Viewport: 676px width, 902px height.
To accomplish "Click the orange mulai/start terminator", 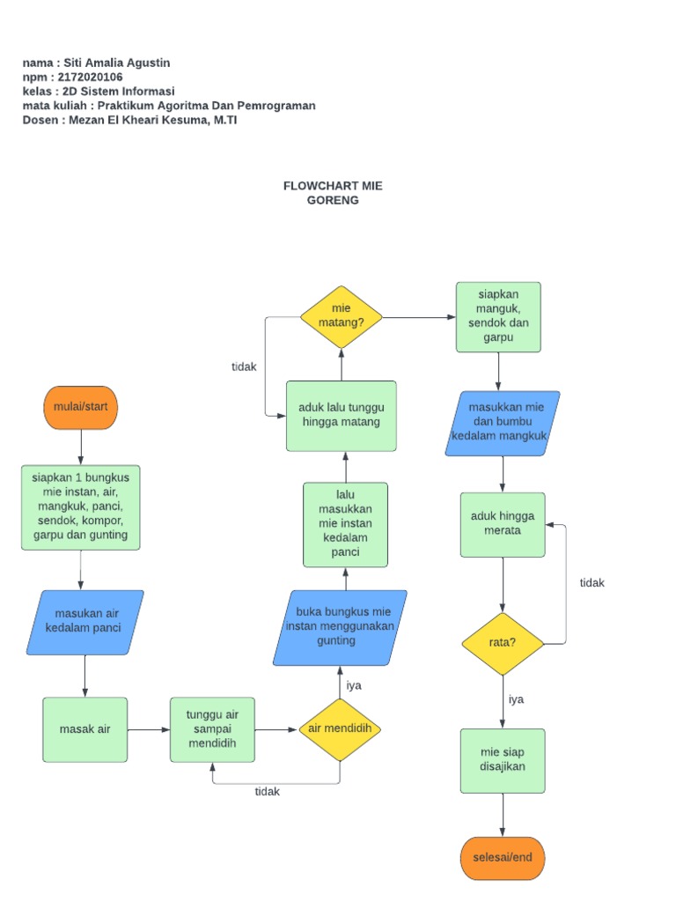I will pos(80,407).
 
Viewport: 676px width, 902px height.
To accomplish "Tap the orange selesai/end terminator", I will pos(503,858).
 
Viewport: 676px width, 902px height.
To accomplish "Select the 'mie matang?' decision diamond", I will pos(341,316).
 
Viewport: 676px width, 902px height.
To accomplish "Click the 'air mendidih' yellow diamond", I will pos(340,729).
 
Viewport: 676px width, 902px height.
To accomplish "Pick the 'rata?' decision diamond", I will pos(503,642).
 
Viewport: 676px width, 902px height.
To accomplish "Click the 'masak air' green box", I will pos(84,729).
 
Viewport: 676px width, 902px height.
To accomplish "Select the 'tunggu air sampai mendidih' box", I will pos(211,729).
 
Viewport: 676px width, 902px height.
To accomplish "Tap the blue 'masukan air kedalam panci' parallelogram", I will pos(84,622).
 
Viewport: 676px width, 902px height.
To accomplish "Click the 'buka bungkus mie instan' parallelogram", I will pos(340,627).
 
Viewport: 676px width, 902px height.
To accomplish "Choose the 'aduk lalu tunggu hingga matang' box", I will pos(341,415).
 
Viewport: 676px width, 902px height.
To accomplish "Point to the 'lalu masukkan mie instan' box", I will pos(345,524).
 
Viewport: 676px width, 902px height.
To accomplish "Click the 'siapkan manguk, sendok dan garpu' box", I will pos(498,317).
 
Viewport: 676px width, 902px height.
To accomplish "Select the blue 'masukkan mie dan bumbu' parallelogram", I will pos(503,423).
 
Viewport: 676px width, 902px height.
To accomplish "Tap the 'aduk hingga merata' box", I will pos(503,524).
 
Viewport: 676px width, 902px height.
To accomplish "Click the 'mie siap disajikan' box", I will pos(503,760).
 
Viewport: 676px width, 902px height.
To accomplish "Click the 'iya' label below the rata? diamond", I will pos(517,699).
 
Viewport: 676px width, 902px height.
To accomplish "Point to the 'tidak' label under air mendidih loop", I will pos(268,791).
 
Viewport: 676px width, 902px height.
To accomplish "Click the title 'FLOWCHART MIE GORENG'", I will pos(333,193).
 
